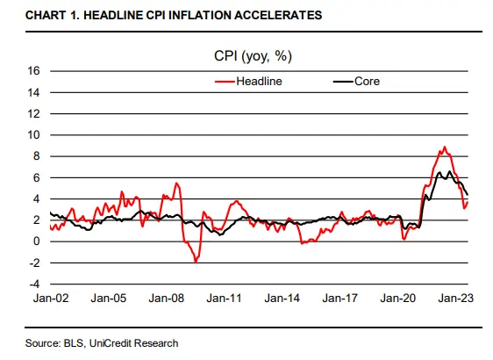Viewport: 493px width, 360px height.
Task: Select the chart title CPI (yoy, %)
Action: [x=253, y=56]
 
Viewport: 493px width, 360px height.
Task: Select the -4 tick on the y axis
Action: [x=36, y=284]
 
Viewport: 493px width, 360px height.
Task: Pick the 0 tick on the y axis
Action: [x=38, y=241]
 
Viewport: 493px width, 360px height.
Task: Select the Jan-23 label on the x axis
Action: [x=456, y=299]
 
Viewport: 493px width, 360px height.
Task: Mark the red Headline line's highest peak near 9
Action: [x=445, y=147]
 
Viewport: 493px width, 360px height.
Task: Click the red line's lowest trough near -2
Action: [x=196, y=262]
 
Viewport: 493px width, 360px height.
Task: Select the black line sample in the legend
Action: [x=340, y=81]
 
